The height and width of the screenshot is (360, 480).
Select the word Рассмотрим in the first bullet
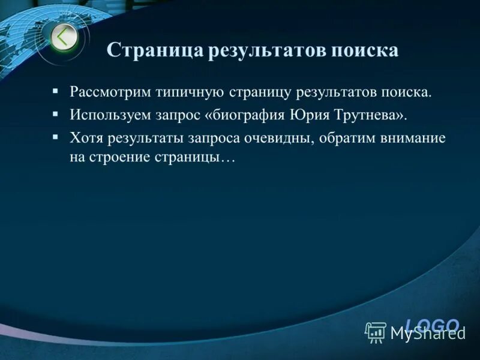(111, 92)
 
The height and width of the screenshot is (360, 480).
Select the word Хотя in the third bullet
(86, 138)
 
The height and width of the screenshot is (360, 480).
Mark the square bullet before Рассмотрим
(55, 92)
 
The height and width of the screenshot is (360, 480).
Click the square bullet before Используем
(55, 113)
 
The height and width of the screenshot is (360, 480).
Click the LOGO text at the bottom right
(432, 325)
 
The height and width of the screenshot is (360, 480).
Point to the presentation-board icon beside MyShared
(376, 332)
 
